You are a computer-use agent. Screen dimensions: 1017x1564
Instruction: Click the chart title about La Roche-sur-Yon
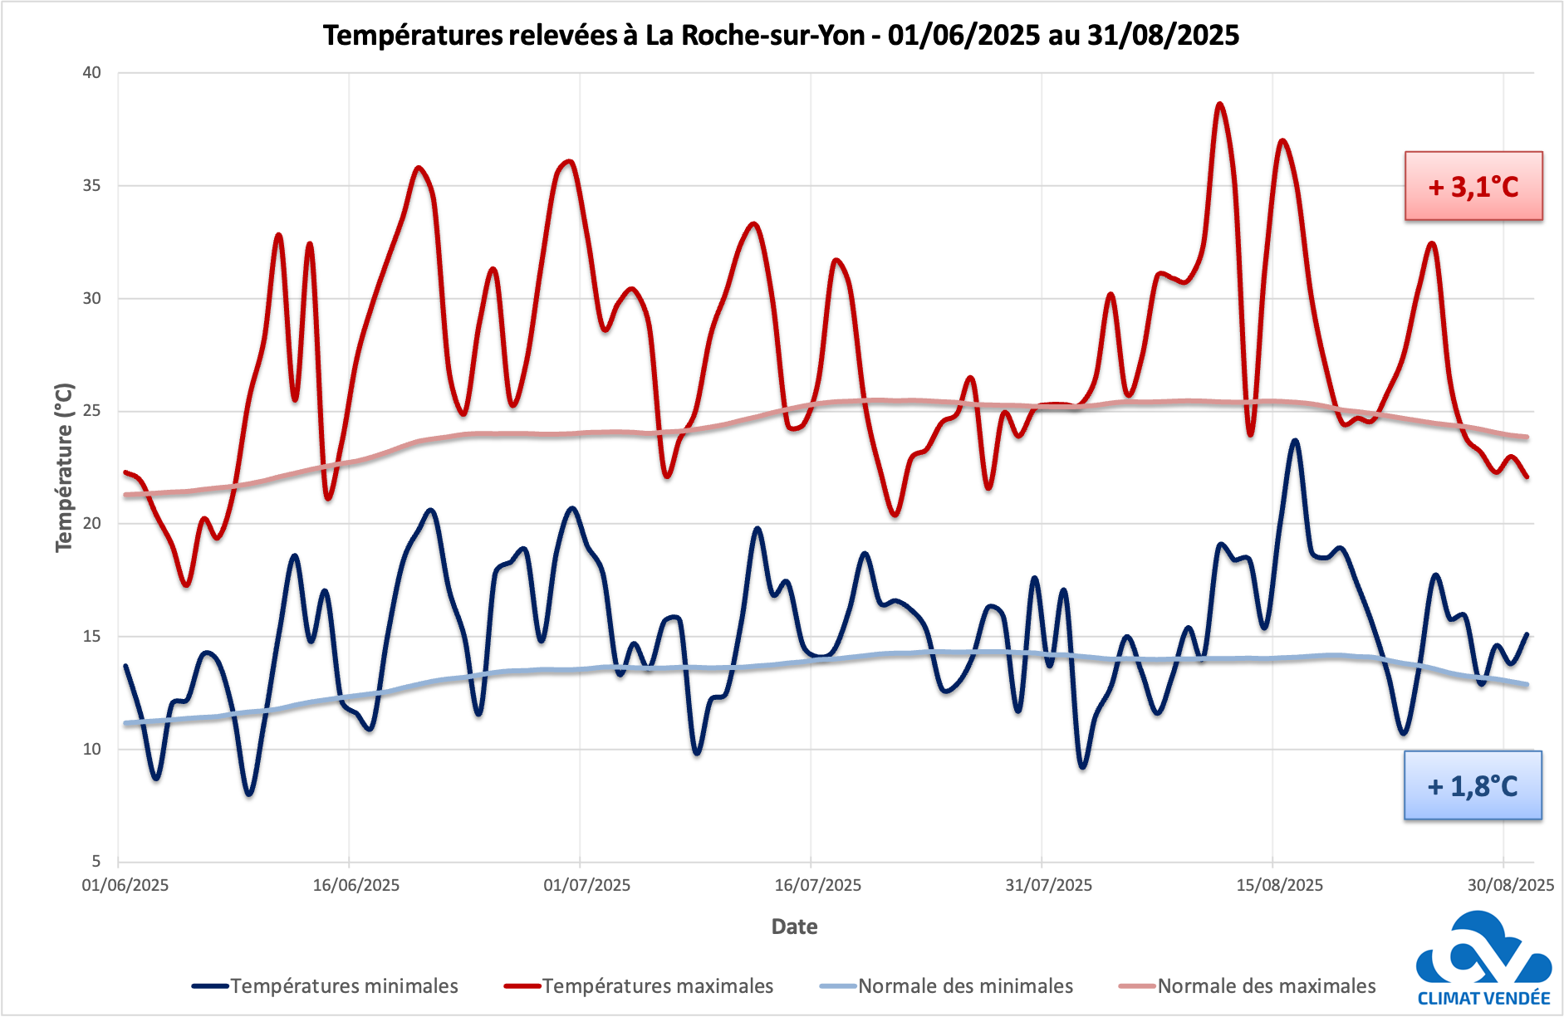[x=781, y=35]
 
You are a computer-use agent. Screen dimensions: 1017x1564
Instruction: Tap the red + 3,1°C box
[x=1473, y=186]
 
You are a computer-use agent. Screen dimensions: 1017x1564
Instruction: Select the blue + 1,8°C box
[x=1472, y=785]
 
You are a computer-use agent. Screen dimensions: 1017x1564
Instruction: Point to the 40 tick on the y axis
[x=91, y=73]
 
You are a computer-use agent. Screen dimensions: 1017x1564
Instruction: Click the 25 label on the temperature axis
[x=91, y=411]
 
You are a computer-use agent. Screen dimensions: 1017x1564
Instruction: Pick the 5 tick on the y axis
[x=96, y=862]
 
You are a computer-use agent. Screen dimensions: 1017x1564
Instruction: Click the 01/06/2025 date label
[x=125, y=885]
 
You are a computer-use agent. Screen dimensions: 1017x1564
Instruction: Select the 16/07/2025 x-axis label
[x=817, y=885]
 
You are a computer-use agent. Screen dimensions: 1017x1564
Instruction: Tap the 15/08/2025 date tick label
[x=1279, y=885]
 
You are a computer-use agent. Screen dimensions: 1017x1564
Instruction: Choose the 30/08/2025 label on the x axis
[x=1510, y=885]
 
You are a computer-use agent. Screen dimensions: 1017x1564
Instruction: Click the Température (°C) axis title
[x=64, y=467]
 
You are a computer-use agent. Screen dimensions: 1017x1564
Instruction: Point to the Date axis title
[x=794, y=927]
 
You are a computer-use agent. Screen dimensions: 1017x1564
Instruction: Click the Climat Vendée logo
[x=1483, y=961]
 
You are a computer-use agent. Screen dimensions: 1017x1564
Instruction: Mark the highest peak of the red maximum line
[x=1219, y=105]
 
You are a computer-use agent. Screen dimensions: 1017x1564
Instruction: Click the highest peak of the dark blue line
[x=1294, y=441]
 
